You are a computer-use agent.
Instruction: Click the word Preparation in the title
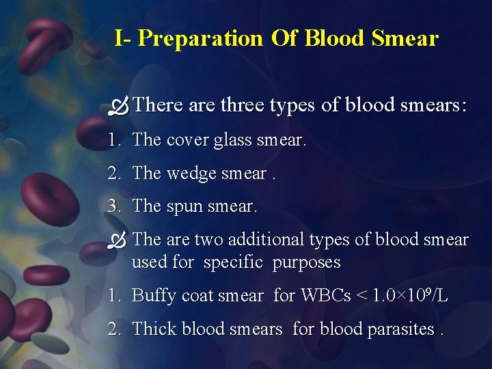pyautogui.click(x=200, y=38)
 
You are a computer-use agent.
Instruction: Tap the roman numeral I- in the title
pyautogui.click(x=123, y=38)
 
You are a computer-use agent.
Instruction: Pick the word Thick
pyautogui.click(x=154, y=329)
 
